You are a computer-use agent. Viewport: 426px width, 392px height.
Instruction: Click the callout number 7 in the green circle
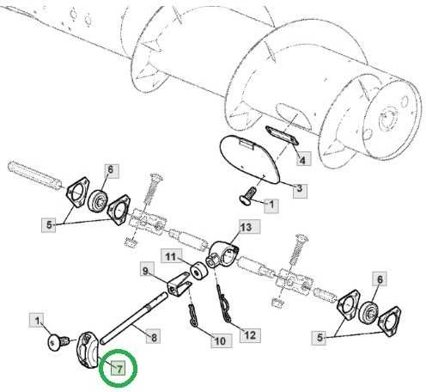tap(119, 368)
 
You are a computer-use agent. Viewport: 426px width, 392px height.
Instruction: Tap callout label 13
tap(246, 228)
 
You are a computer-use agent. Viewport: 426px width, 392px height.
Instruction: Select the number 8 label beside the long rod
tap(154, 337)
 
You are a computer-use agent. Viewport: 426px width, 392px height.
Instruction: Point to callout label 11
tap(171, 256)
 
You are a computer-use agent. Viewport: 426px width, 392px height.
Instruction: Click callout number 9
tap(146, 270)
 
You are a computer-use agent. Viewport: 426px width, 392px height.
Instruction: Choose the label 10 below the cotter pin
tap(220, 340)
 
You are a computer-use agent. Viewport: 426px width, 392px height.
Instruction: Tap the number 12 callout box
tap(250, 334)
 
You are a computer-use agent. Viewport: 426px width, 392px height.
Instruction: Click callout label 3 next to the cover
tap(300, 189)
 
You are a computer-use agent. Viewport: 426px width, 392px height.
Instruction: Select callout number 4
tap(302, 160)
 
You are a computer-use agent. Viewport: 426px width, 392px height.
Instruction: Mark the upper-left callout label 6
tap(111, 170)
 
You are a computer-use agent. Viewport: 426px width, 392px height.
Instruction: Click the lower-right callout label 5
tap(319, 337)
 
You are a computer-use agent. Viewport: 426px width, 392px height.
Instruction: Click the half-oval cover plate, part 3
tap(249, 159)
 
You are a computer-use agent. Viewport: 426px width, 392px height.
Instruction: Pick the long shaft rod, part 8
tap(132, 316)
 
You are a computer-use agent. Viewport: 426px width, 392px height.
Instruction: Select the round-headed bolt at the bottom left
tap(58, 342)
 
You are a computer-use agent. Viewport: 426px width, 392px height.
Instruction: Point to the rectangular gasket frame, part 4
tap(282, 135)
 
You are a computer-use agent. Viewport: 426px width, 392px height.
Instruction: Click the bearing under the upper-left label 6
tap(98, 200)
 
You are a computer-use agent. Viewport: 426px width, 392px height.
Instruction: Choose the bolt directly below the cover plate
tap(248, 194)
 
